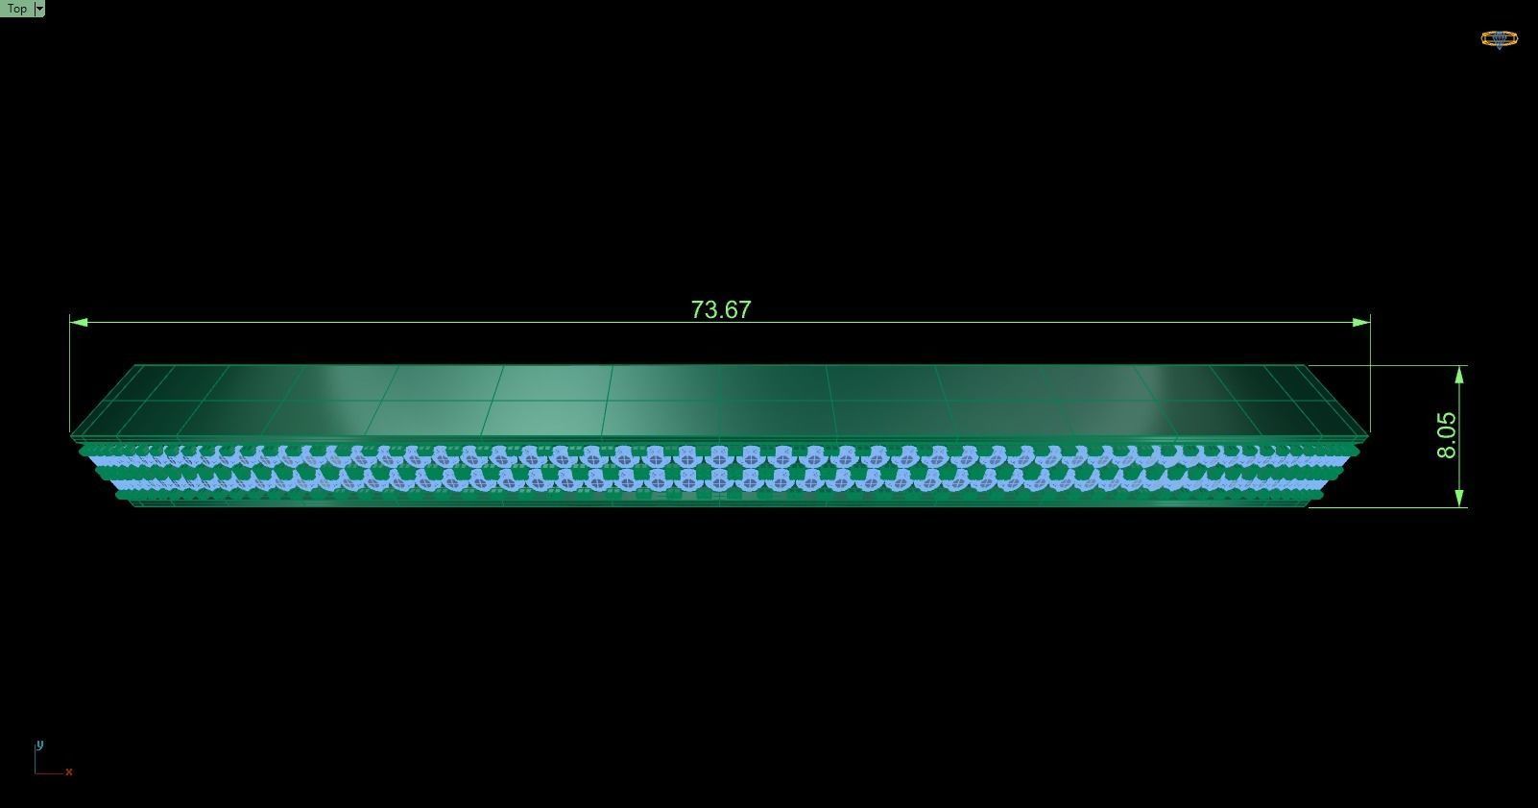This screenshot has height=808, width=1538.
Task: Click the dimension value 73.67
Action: (x=720, y=309)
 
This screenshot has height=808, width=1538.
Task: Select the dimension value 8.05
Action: (x=1447, y=435)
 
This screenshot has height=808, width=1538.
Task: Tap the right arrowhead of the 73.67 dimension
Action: (x=1361, y=323)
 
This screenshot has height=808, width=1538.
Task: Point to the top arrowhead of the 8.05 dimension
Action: (x=1459, y=374)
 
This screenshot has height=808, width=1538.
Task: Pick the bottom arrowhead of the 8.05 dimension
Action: (x=1459, y=498)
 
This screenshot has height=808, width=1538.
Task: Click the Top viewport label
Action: (x=17, y=9)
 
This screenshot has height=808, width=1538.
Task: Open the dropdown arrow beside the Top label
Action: (x=39, y=9)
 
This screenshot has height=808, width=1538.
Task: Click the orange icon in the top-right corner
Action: (x=1499, y=39)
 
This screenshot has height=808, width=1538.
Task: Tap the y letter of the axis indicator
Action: (x=39, y=745)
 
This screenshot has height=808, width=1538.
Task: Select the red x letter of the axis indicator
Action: (x=69, y=771)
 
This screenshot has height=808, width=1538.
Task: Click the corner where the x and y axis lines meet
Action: (x=36, y=771)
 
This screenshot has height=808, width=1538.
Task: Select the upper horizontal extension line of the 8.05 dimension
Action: (x=1392, y=365)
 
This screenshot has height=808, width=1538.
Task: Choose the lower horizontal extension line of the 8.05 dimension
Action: (x=1392, y=507)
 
